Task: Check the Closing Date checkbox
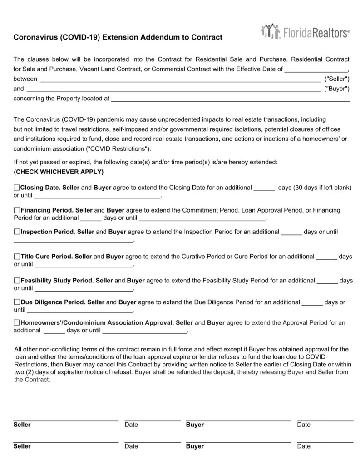pos(17,187)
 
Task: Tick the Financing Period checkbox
pos(17,210)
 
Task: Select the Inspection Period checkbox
pos(17,232)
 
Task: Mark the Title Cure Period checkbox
pos(17,257)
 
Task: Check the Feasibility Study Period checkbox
pos(17,281)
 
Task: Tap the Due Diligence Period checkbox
pos(17,302)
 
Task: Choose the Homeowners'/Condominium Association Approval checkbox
pos(17,323)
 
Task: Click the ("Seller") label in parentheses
pos(337,79)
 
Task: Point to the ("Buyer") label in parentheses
pos(337,89)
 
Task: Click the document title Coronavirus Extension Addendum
pos(118,37)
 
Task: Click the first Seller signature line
pos(66,420)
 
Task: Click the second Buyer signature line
pos(238,441)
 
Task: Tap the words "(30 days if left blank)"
pos(323,188)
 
